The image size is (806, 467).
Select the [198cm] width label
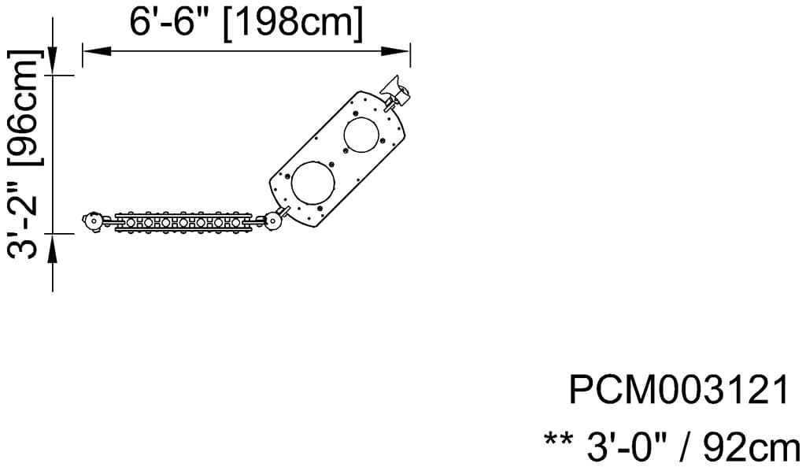click(x=293, y=23)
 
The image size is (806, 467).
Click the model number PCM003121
click(x=678, y=390)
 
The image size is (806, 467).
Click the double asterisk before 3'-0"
click(x=559, y=439)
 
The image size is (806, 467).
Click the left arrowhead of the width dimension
click(x=97, y=50)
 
